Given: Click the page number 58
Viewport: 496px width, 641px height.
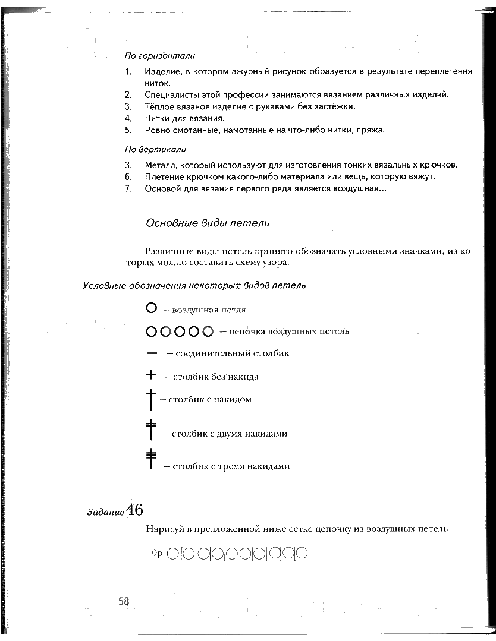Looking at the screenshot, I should pos(124,601).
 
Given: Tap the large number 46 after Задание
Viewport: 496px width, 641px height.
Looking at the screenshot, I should pos(134,510).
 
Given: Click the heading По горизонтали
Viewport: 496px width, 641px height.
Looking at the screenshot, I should pos(159,56).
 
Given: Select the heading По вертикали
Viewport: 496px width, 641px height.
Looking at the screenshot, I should pos(155,149).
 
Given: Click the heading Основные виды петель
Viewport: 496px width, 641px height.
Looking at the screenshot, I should pos(207,223).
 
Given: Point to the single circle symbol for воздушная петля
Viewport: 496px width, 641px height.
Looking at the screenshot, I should pos(151,308).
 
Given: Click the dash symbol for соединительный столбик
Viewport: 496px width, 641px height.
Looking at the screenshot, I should pos(152,353).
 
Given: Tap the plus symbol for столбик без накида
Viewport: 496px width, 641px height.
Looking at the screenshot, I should pos(151,375).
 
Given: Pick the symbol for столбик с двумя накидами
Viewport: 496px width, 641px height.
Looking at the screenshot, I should pos(151,430).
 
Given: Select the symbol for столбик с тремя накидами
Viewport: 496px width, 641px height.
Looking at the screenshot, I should pos(151,460).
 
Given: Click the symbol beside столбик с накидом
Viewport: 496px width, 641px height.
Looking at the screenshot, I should pos(151,399).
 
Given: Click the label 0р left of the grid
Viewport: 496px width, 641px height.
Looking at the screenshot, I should pos(157,554).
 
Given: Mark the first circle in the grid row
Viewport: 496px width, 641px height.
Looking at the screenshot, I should pos(174,554).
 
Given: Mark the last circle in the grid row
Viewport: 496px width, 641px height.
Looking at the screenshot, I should pos(302,554).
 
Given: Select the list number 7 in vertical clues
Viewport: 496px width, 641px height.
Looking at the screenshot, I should pos(128,189).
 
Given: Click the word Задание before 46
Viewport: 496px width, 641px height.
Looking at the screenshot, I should pos(106,512).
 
